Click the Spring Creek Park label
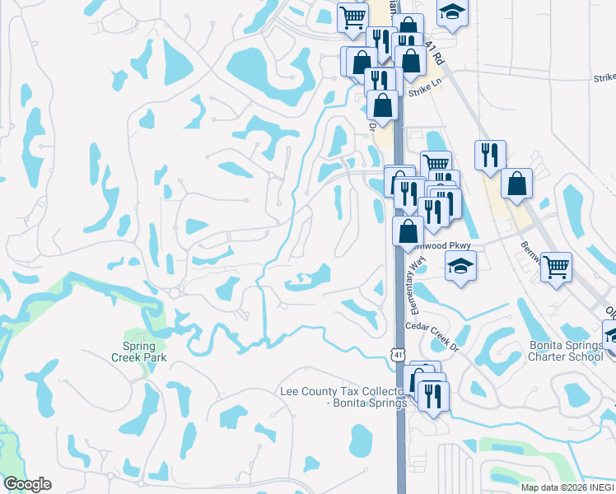click(139, 352)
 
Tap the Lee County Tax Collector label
click(343, 397)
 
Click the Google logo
click(27, 484)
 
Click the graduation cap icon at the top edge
click(450, 12)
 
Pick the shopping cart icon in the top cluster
click(352, 16)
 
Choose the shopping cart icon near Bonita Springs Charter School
click(557, 267)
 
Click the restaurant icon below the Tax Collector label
click(432, 395)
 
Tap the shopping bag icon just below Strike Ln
click(383, 105)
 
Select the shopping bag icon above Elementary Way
click(408, 231)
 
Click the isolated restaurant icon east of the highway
click(490, 154)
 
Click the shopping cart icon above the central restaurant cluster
click(436, 164)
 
